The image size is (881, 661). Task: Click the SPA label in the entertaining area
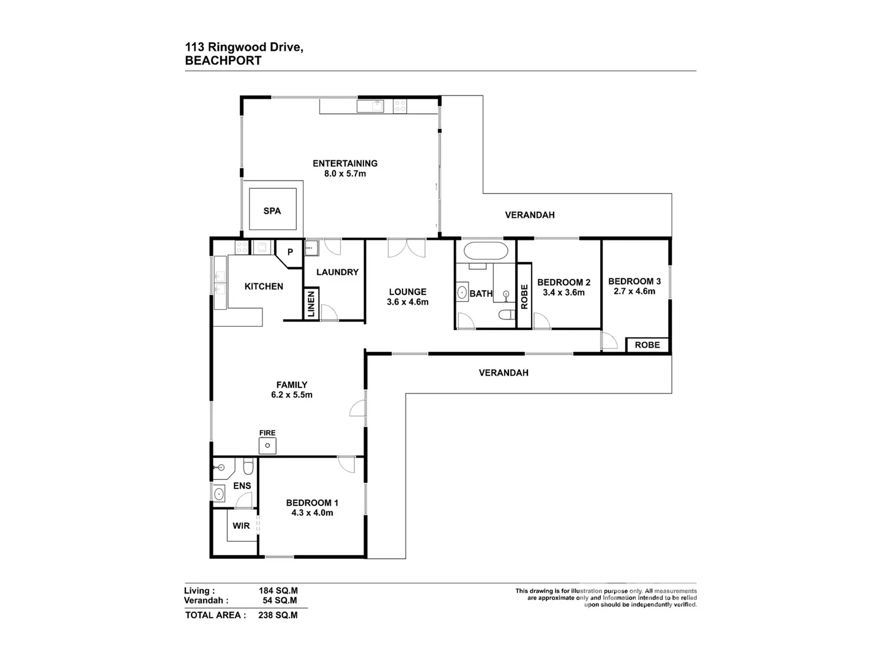(x=272, y=211)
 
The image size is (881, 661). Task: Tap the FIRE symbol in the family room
(x=267, y=446)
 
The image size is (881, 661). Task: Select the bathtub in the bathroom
(x=485, y=251)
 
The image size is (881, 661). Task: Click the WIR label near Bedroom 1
(x=241, y=526)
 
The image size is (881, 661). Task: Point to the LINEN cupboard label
(x=311, y=304)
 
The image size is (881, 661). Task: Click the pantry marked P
(x=290, y=252)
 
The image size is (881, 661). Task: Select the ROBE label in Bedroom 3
(x=647, y=345)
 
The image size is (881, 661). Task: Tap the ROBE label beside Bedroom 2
(x=524, y=296)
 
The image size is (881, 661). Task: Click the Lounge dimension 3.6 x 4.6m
(x=407, y=302)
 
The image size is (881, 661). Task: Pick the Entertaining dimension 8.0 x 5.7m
(x=345, y=174)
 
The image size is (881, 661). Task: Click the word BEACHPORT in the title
(x=223, y=61)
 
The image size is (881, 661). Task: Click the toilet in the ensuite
(x=247, y=468)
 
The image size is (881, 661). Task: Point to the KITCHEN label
(x=264, y=286)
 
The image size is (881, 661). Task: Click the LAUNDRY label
(x=337, y=272)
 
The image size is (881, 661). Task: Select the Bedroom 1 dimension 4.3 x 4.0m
(x=312, y=513)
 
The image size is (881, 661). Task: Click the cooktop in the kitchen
(x=242, y=247)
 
